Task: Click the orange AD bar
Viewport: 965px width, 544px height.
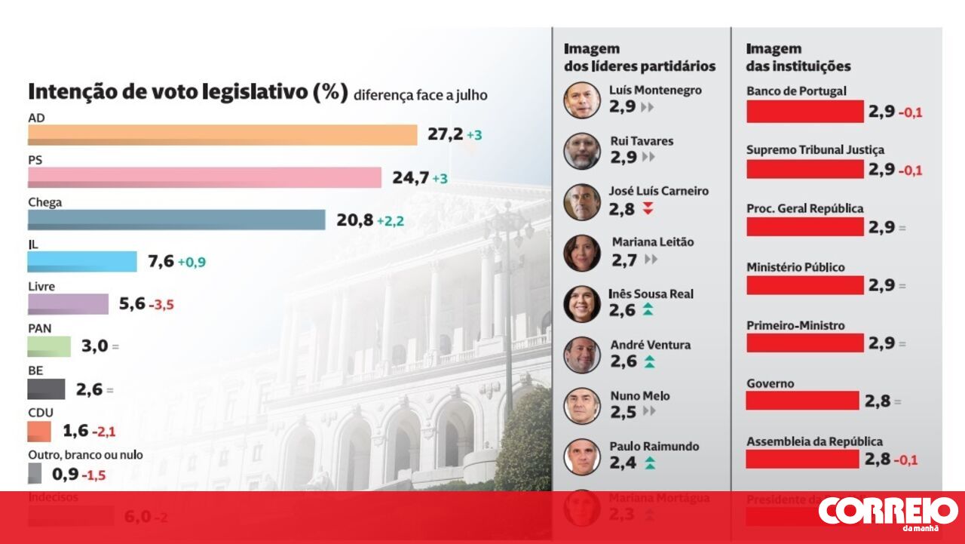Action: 222,135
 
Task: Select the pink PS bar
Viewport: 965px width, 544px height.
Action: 204,177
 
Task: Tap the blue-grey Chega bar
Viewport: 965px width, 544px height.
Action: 176,220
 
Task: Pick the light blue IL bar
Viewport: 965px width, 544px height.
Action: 82,262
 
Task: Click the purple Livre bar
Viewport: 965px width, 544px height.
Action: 68,304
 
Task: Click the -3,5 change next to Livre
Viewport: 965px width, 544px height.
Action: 161,305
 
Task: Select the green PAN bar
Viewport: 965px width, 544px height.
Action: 49,346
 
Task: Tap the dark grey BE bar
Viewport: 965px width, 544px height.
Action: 46,389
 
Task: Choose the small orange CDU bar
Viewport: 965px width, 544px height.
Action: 39,432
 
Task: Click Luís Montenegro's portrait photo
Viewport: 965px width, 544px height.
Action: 582,100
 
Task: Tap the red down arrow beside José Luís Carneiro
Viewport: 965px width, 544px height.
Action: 648,209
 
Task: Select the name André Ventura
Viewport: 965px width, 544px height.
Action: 650,345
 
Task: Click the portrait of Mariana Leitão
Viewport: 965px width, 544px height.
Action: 582,253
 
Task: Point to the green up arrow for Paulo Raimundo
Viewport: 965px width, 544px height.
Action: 649,463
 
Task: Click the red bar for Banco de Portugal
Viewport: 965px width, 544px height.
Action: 804,112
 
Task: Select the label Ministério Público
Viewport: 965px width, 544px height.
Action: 795,267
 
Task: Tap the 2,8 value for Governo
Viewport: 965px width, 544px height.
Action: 878,401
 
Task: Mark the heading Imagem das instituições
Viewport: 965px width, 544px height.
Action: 798,57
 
